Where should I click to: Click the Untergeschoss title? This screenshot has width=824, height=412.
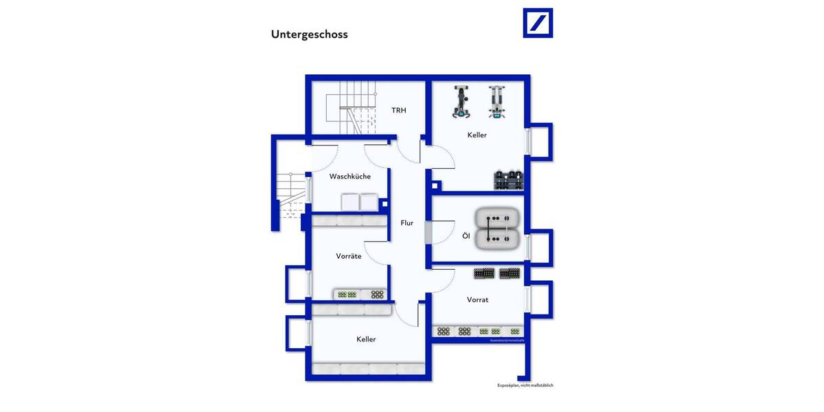click(x=309, y=34)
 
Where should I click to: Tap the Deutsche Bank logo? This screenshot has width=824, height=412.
click(x=538, y=23)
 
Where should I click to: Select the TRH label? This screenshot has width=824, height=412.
click(x=399, y=110)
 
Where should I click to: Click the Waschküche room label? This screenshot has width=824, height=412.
click(x=350, y=176)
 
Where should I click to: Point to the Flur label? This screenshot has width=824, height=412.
click(x=407, y=222)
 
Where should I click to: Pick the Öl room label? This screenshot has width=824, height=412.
click(x=466, y=236)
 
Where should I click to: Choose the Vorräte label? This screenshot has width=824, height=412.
click(x=349, y=256)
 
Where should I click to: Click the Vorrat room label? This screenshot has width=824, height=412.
click(x=477, y=299)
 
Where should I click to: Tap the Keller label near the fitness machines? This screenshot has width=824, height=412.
click(x=477, y=135)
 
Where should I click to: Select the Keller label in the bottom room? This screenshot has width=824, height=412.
click(x=366, y=339)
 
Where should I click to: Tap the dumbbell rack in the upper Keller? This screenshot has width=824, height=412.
click(x=508, y=180)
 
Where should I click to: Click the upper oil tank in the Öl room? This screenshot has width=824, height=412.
click(x=497, y=220)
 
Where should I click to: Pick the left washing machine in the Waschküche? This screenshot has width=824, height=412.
click(x=350, y=202)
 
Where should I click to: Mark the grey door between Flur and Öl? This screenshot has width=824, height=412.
click(x=428, y=233)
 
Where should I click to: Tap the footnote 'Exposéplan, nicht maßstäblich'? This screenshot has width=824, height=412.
click(x=525, y=385)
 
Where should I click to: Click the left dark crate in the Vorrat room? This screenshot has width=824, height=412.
click(x=483, y=273)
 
